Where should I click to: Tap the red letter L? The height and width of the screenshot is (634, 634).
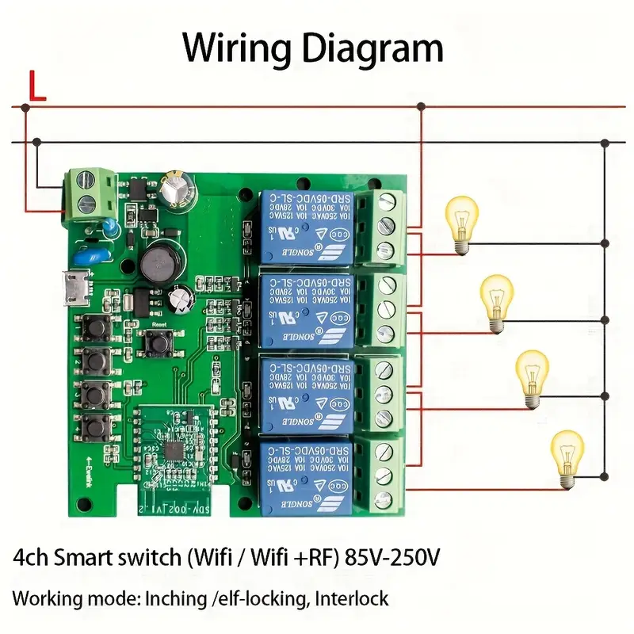tap(36, 87)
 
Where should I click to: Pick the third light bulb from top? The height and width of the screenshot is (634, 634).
tap(532, 379)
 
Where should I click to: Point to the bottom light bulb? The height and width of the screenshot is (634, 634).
tap(567, 456)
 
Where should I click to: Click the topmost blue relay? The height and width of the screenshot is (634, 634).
tap(305, 227)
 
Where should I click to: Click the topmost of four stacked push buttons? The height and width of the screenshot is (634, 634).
tap(94, 326)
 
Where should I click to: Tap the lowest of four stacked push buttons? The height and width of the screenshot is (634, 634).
tap(94, 427)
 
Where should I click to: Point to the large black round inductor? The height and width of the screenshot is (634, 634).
tap(162, 261)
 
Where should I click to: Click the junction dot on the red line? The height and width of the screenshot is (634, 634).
tap(421, 106)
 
